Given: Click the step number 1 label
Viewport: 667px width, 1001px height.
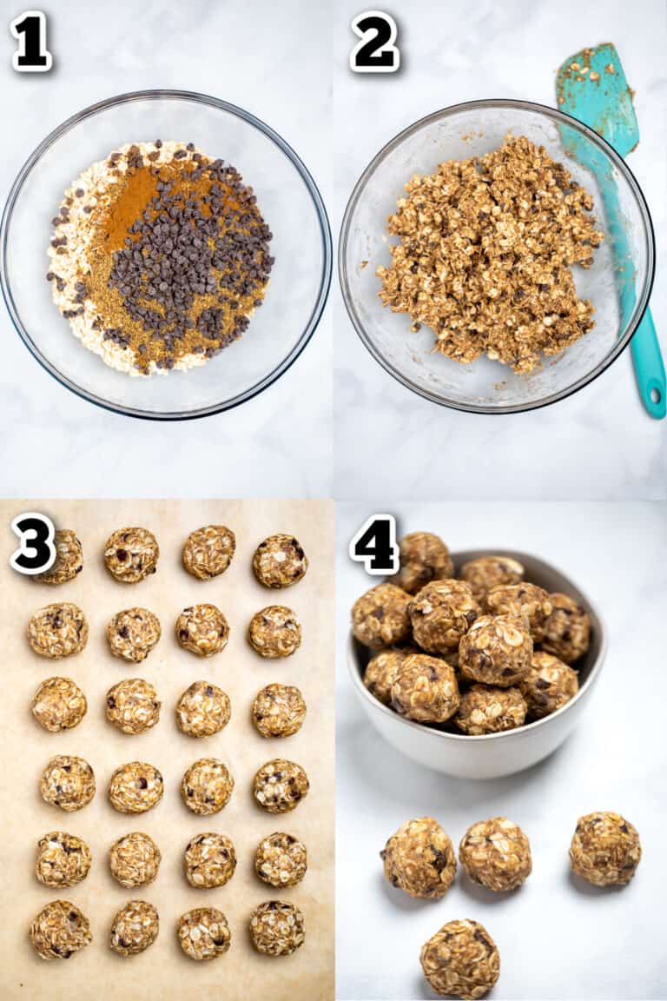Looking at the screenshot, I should [30, 41].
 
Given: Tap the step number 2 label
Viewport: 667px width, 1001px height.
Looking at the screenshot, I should [374, 41].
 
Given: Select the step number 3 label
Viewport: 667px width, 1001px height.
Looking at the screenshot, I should [32, 543].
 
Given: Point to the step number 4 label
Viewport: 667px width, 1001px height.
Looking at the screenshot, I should [374, 544].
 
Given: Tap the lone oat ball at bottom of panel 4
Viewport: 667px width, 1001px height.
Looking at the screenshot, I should [459, 958].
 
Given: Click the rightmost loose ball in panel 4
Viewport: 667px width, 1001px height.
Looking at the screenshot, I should [605, 849].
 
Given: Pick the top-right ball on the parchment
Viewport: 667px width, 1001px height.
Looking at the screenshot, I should [280, 560].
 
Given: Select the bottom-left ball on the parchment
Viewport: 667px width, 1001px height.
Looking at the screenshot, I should [61, 929].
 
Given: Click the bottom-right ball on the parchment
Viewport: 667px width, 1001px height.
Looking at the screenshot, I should [277, 928].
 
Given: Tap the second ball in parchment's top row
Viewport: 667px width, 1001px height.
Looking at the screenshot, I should [131, 554].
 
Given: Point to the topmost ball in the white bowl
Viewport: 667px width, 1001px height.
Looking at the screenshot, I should [423, 559].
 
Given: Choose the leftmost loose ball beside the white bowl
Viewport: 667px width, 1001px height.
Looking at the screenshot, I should [419, 857].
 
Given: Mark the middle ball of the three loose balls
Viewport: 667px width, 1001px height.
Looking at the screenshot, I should [495, 853].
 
